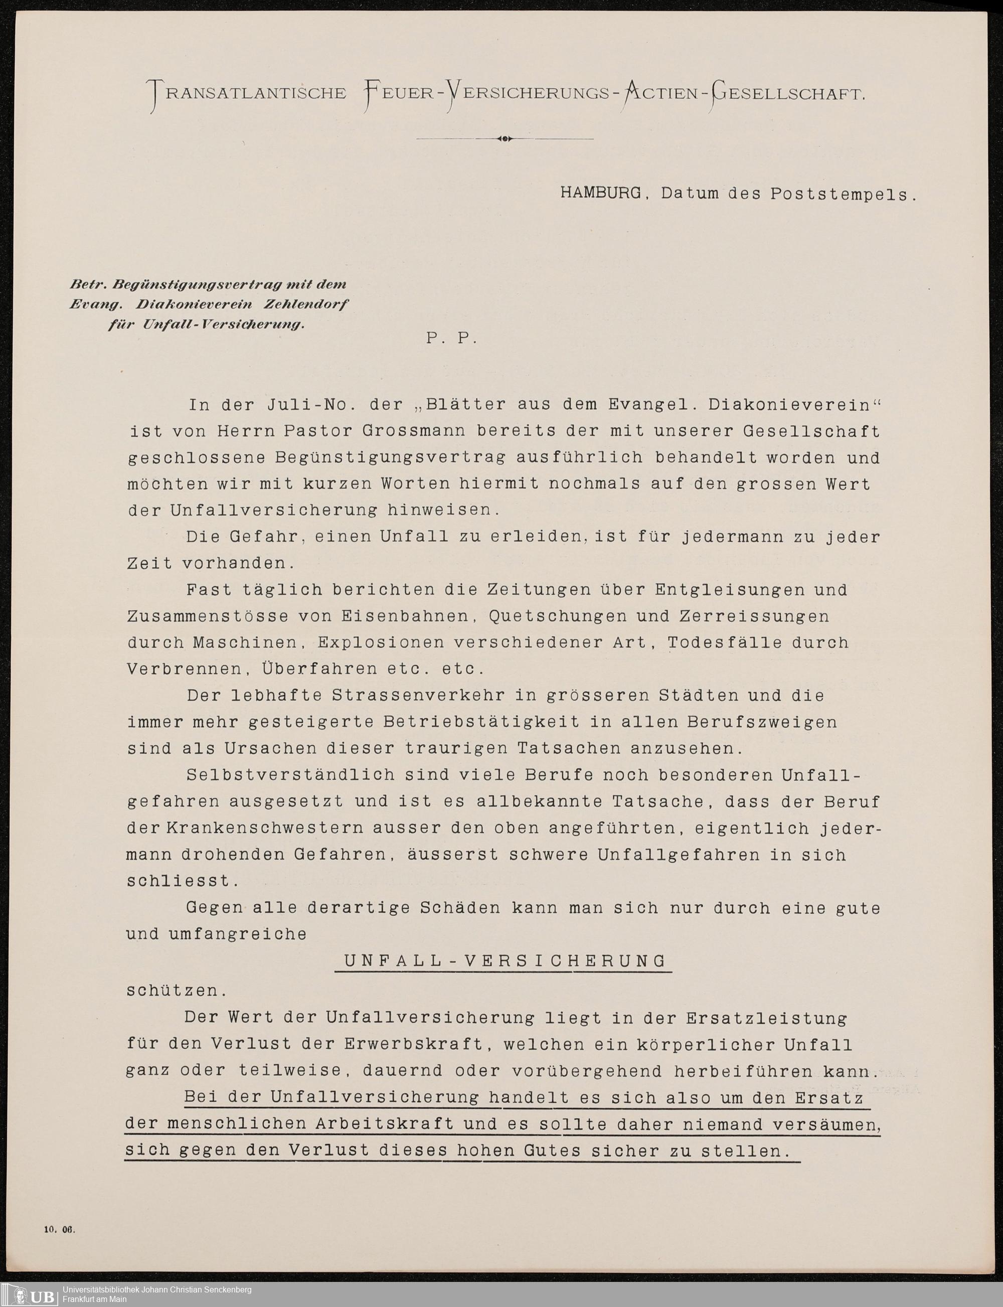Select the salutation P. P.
tap(451, 338)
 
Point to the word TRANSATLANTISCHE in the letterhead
tap(248, 94)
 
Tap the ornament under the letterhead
tap(505, 138)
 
